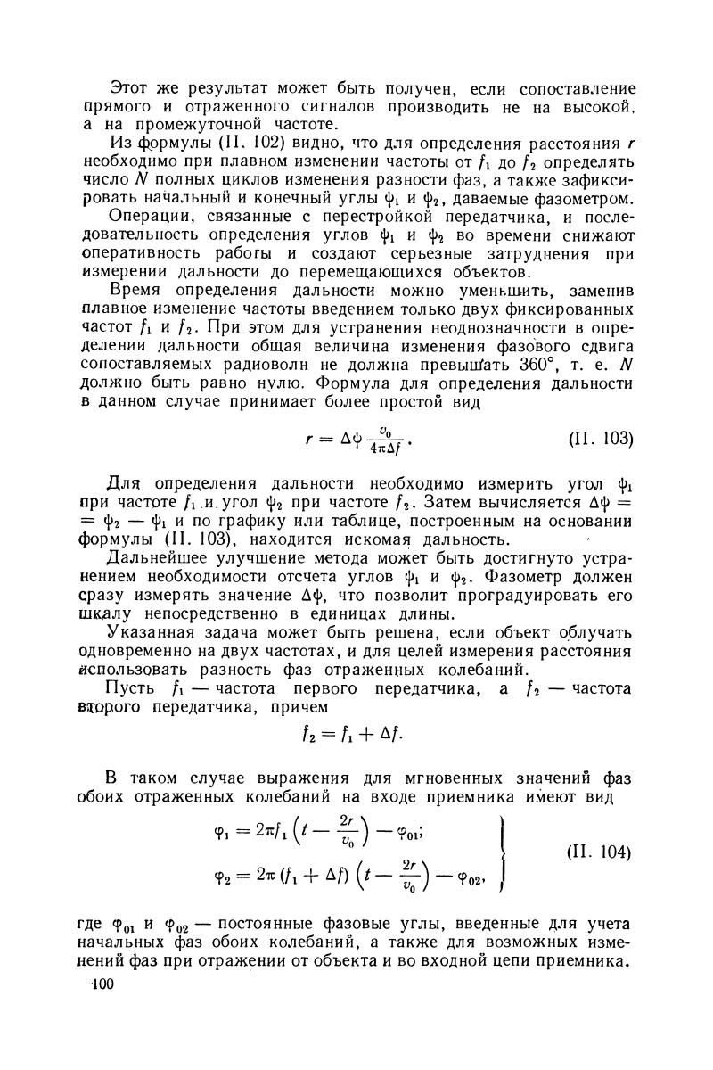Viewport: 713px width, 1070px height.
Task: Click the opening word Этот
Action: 127,88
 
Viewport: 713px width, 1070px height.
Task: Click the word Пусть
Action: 131,688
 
